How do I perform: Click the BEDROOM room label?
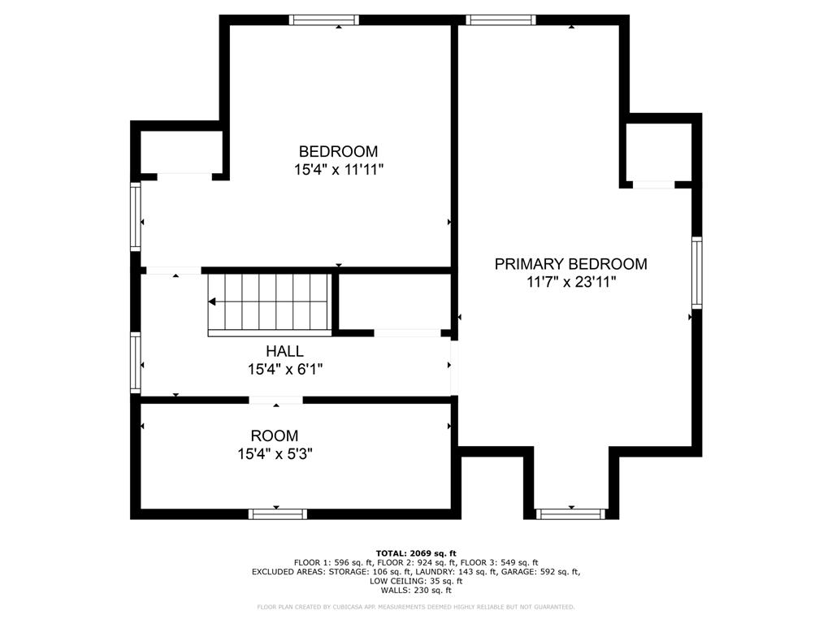[x=338, y=151]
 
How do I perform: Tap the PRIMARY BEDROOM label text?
[x=571, y=263]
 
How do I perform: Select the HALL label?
[x=284, y=351]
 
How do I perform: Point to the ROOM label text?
[x=274, y=435]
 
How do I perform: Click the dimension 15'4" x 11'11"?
[x=338, y=170]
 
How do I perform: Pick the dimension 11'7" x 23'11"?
[x=571, y=282]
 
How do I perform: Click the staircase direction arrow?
[x=213, y=301]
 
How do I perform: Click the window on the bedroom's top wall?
[x=324, y=20]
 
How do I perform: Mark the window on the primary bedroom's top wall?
[x=501, y=20]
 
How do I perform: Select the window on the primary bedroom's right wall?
[x=696, y=272]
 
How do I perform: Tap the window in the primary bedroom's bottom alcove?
[x=571, y=513]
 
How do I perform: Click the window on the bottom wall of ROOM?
[x=277, y=513]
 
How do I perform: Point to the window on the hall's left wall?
[x=136, y=362]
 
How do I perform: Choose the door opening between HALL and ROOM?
[x=275, y=400]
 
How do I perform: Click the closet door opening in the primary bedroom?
[x=653, y=185]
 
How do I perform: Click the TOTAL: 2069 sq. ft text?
[x=416, y=552]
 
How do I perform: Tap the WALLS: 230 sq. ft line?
[x=416, y=591]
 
